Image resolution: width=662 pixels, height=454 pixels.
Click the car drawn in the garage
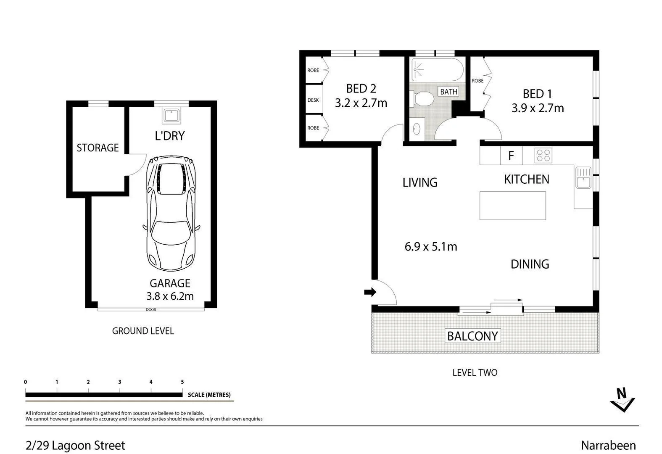tap(171, 214)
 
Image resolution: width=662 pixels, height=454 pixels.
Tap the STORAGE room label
tap(98, 148)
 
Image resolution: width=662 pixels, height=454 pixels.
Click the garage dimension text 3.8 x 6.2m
tap(170, 296)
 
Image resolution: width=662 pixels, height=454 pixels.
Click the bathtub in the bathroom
tap(437, 70)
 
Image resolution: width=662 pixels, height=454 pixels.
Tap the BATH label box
tap(448, 92)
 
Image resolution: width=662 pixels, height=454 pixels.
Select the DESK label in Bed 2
tap(313, 100)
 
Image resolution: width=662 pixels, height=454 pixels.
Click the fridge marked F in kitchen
tap(511, 156)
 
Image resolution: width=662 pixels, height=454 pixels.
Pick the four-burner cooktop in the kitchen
tap(543, 156)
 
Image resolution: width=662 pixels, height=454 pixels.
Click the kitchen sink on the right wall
tap(583, 177)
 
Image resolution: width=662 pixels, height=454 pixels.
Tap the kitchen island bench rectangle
tap(512, 206)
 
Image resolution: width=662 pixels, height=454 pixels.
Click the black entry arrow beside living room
tap(370, 292)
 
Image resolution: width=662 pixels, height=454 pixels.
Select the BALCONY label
tap(472, 336)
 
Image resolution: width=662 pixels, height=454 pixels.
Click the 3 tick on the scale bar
tap(120, 382)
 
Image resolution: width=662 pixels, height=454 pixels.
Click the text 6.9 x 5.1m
tap(430, 247)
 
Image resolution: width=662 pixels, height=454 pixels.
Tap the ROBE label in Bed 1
tap(477, 81)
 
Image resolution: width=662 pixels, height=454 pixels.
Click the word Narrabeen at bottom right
tap(608, 445)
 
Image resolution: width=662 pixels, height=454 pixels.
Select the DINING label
tap(530, 264)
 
